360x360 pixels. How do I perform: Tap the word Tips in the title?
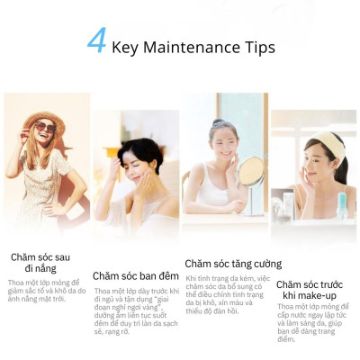click(257, 46)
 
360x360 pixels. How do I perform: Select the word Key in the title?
click(127, 46)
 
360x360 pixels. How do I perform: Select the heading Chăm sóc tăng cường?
click(233, 264)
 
